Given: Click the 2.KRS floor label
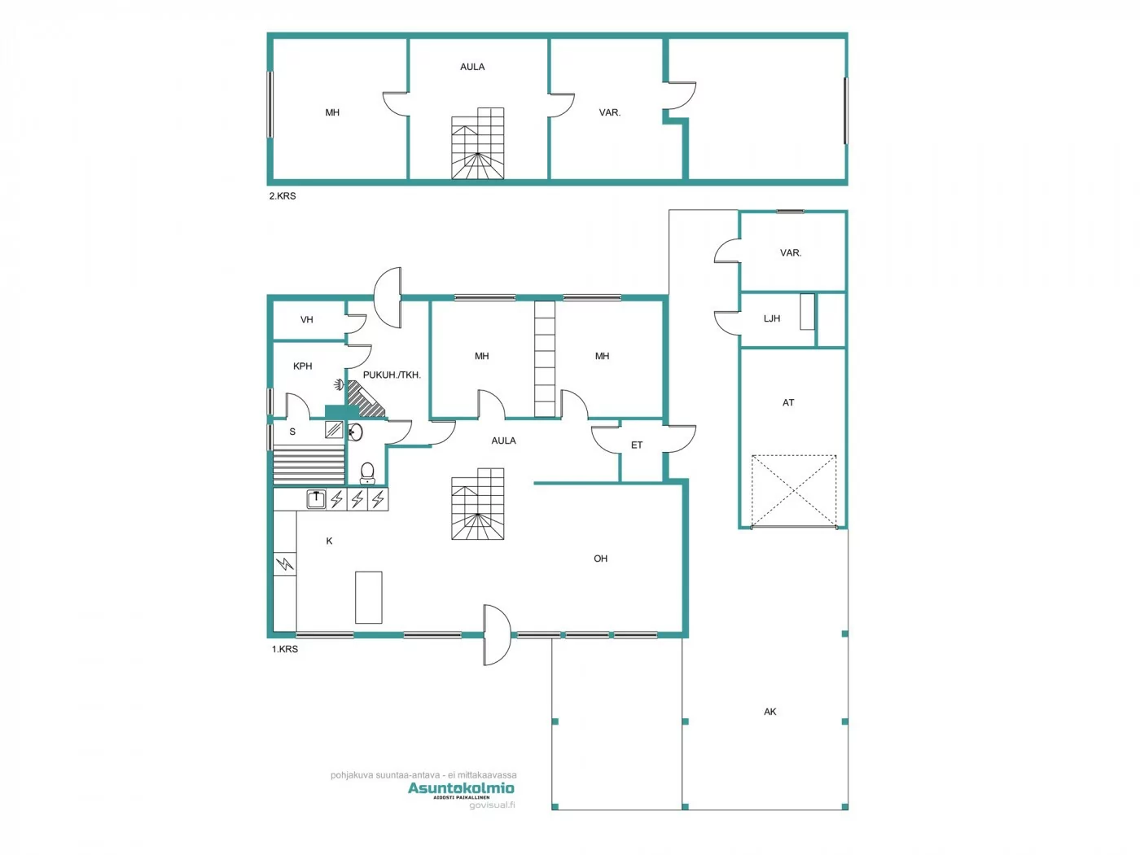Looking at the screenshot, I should pos(283,196).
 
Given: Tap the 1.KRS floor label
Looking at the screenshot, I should pos(285,649).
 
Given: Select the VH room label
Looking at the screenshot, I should pos(307,320).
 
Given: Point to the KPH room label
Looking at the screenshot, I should pos(303,366).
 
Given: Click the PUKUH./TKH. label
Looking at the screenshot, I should pos(392,375).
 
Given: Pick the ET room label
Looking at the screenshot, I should pos(637,445).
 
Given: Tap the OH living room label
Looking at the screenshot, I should pos(601,559).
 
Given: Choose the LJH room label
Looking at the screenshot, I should pos(772,318).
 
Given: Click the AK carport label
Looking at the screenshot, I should pos(770,712).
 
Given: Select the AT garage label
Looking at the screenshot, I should pos(788,402).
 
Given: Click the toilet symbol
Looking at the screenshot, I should pos(367,473).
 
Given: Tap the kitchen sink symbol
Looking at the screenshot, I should pos(316,498).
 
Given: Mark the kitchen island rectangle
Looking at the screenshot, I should pos(369,597).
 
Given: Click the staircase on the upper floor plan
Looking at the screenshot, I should pos(478,143).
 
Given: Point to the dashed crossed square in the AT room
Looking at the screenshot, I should pos(794,491).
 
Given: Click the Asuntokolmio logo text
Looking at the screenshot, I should pos(461,788).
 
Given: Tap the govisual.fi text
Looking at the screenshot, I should pos(492,805).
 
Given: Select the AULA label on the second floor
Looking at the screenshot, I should pos(472,67).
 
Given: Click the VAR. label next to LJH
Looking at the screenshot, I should pos(791,253).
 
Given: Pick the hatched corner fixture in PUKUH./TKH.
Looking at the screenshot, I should pos(366,399).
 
